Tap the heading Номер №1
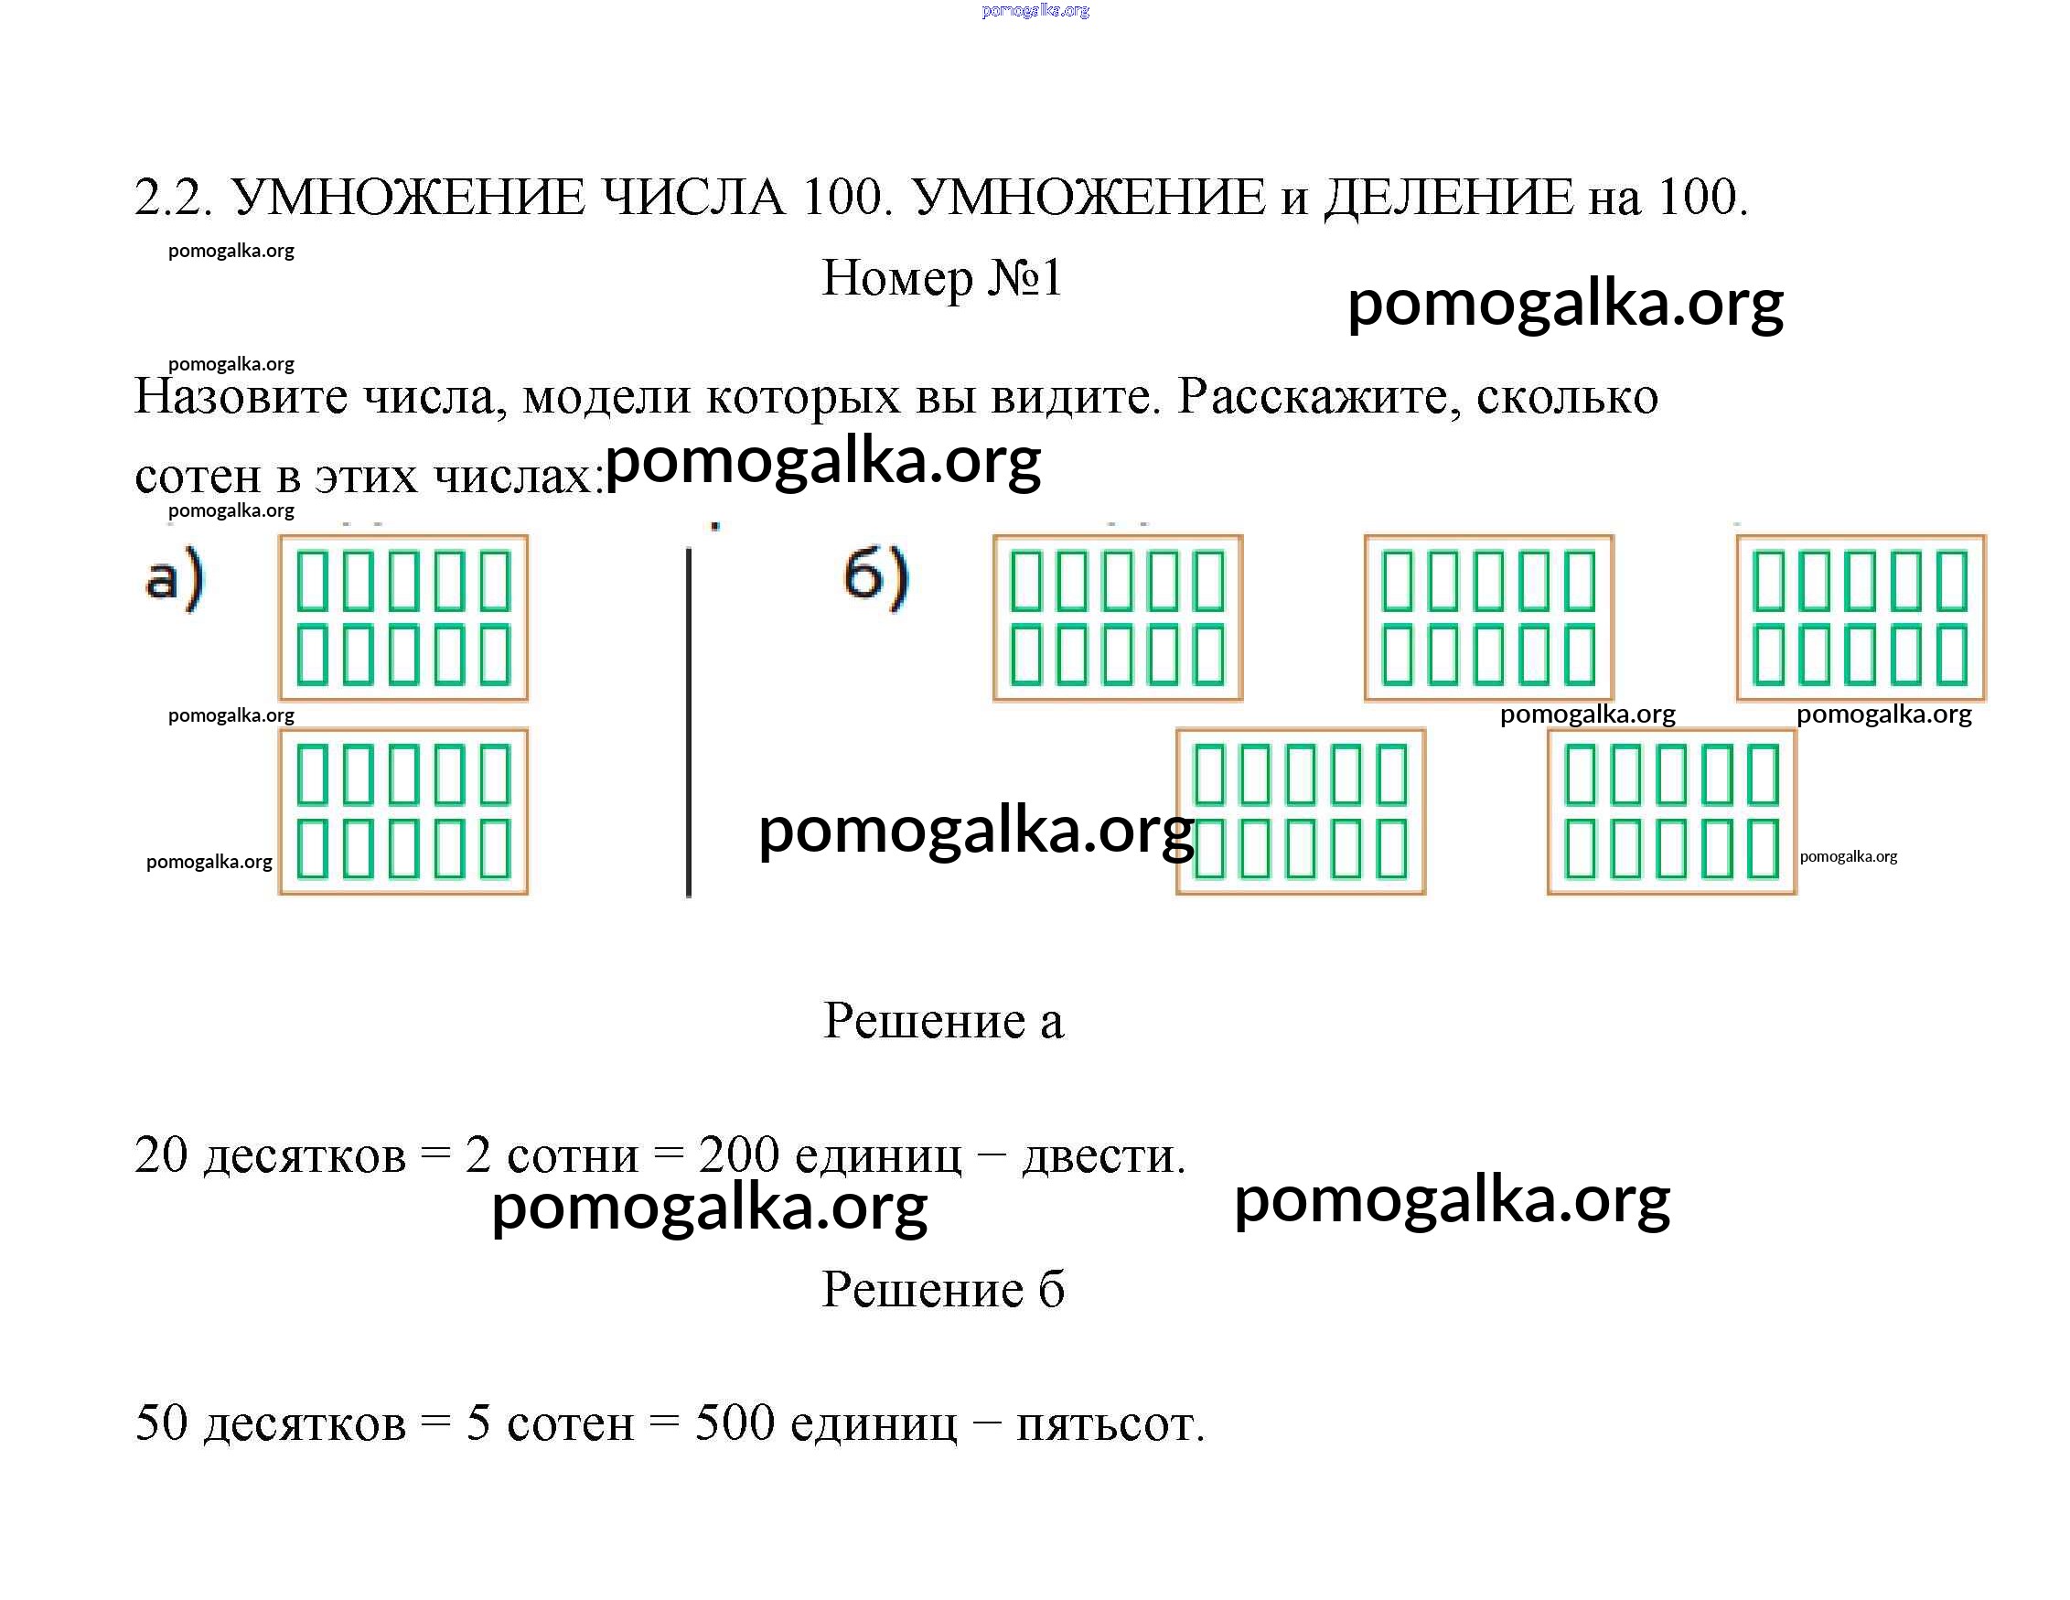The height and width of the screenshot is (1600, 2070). coord(942,278)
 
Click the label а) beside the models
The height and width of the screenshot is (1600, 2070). coord(175,577)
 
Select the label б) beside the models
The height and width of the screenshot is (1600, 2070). coord(876,576)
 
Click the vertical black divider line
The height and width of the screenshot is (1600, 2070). coord(689,723)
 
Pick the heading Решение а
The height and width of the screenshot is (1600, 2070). coord(944,1021)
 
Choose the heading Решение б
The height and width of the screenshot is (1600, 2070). coord(944,1289)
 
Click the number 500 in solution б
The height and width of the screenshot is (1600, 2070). coord(735,1423)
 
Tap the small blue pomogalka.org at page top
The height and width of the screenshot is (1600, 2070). coord(1036,10)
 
